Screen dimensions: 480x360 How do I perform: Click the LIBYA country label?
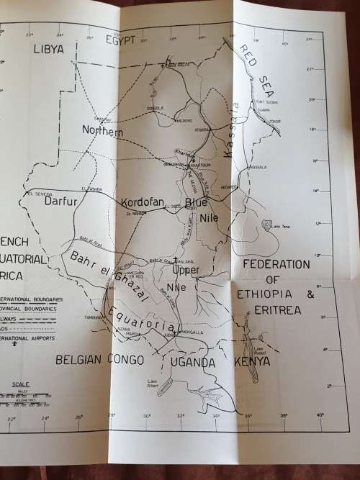click(x=49, y=49)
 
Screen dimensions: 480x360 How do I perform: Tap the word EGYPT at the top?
click(x=121, y=40)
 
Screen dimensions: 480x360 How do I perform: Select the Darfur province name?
click(x=60, y=201)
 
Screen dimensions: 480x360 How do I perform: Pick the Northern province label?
click(x=103, y=132)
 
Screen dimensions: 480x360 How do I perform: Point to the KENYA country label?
click(x=251, y=361)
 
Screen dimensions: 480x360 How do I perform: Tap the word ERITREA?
click(x=278, y=310)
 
